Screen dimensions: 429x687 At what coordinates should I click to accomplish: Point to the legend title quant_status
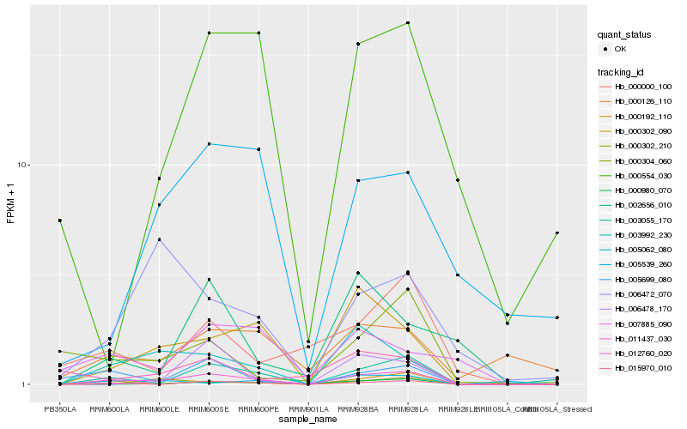[625, 34]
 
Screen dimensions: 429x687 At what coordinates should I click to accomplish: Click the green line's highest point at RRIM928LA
[408, 23]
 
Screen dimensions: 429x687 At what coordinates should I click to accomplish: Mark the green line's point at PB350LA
[60, 221]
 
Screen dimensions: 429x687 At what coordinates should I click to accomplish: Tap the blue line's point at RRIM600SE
[209, 144]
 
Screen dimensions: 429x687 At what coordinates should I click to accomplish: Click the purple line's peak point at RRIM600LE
[160, 239]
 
